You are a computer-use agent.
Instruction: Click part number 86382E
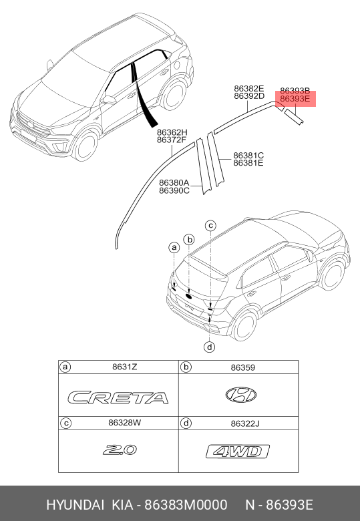tap(248, 88)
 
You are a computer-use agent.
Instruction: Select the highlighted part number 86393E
tap(295, 99)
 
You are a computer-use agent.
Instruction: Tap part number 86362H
tap(172, 132)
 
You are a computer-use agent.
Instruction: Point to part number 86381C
tap(248, 155)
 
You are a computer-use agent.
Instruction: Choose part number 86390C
tap(174, 190)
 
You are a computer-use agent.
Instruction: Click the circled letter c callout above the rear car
tap(210, 226)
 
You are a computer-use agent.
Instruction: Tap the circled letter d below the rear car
tap(210, 347)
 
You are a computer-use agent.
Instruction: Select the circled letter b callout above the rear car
tap(189, 240)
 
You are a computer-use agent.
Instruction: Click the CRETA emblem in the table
tap(118, 397)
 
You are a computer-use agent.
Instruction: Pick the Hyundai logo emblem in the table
tap(240, 395)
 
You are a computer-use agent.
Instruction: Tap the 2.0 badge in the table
tap(120, 450)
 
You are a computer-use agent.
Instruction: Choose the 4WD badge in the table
tap(238, 452)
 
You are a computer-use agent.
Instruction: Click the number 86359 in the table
tap(242, 367)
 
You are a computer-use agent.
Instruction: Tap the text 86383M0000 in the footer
tap(186, 505)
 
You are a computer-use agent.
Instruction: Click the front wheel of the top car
tap(85, 146)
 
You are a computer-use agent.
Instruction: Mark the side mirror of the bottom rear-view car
tap(310, 256)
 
